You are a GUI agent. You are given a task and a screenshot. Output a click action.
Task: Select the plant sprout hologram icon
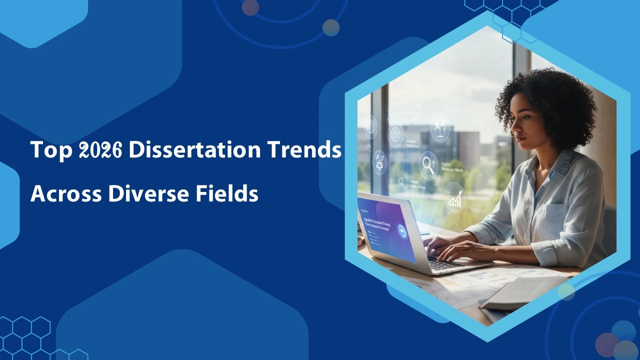(440, 128)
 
